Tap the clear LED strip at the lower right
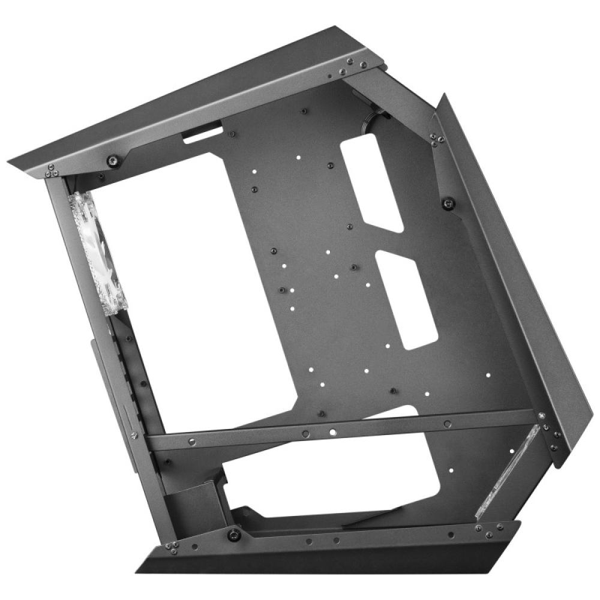coord(508,472)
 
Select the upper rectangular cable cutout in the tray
coord(371,182)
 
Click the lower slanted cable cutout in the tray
coord(407,298)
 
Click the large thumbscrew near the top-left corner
coord(112,160)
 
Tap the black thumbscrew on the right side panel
coord(448,203)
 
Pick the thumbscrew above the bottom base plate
coord(232,533)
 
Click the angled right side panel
coord(516,270)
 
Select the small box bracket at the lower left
coord(191,504)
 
